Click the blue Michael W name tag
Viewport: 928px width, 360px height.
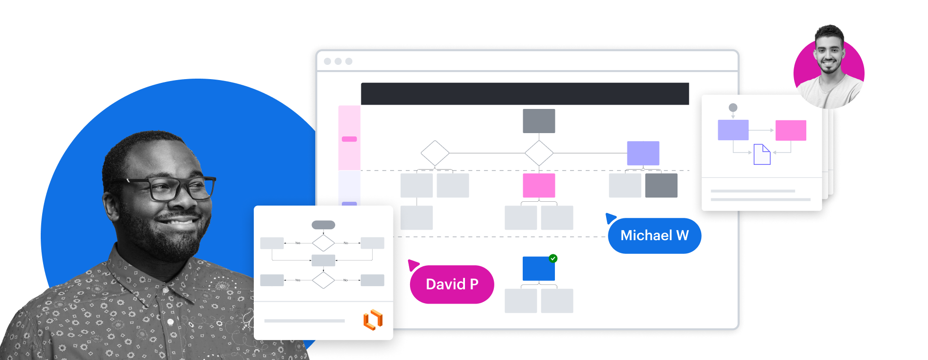click(654, 236)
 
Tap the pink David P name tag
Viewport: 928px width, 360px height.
click(452, 284)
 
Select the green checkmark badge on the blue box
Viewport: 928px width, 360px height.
click(553, 259)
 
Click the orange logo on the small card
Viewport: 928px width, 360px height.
click(373, 320)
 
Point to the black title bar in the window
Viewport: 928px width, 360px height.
click(525, 94)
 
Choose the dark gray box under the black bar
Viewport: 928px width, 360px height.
click(539, 121)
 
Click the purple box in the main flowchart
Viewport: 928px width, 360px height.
click(643, 153)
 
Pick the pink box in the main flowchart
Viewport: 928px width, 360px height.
click(539, 185)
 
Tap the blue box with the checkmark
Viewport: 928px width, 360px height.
click(538, 269)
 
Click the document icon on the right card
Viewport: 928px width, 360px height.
click(762, 154)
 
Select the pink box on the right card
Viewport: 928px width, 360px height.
click(791, 130)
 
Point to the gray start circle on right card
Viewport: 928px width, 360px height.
click(733, 108)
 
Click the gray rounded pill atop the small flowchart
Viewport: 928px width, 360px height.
click(323, 225)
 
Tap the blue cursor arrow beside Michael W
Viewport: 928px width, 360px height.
click(610, 218)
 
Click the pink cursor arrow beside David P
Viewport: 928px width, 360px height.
click(413, 264)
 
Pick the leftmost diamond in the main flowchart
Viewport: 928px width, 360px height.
click(435, 153)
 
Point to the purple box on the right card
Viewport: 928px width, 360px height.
click(733, 130)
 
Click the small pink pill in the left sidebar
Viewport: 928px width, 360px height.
click(349, 139)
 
